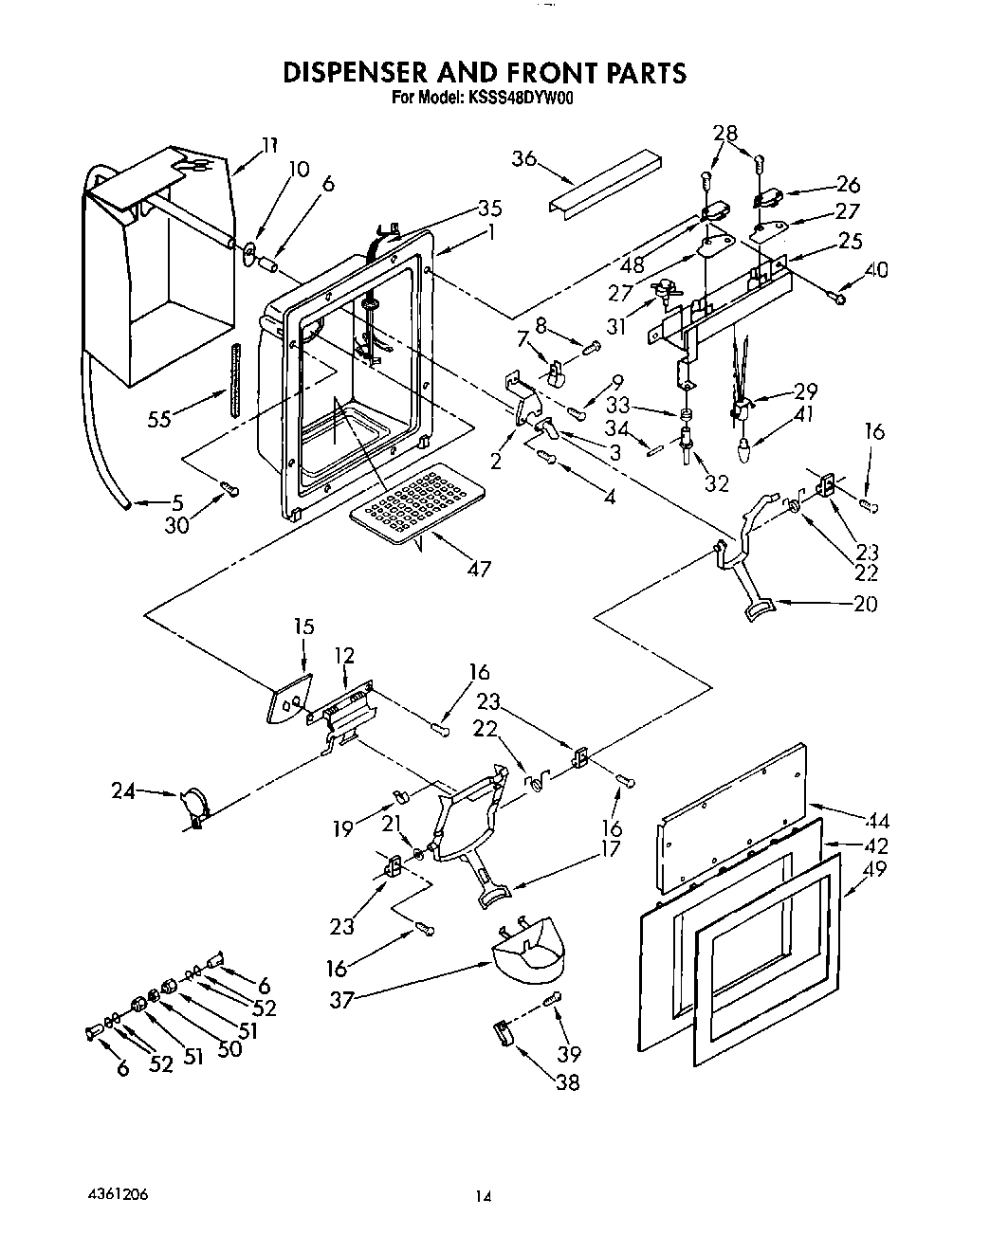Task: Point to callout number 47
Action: [479, 569]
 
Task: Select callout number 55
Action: [159, 418]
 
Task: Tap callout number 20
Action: [865, 604]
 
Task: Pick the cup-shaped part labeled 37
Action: [527, 948]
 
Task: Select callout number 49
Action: [874, 867]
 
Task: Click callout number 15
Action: [303, 626]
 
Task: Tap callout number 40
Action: [877, 270]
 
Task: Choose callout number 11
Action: [270, 145]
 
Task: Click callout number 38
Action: [567, 1081]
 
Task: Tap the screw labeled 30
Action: [229, 488]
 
